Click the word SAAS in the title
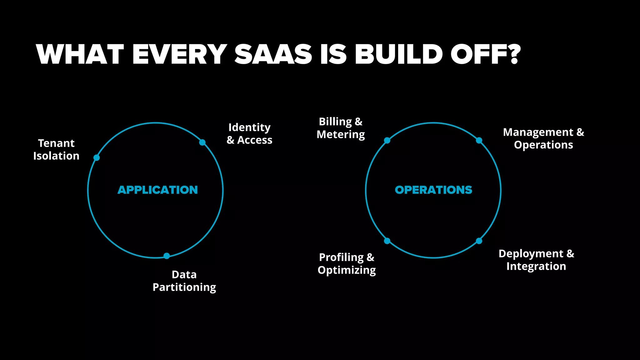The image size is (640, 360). point(273,54)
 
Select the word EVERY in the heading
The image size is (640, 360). point(179,54)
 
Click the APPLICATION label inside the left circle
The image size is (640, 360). point(158,190)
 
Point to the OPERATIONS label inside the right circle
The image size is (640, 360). point(433,190)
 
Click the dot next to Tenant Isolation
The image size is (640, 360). point(97,158)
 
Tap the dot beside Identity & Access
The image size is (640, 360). point(202,142)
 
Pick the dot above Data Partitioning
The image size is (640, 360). point(167,256)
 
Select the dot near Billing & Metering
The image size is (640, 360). point(387,141)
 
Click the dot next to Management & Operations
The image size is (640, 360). point(479,141)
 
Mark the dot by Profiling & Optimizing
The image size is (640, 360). point(387,241)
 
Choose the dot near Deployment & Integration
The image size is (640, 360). point(479,241)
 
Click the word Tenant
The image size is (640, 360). point(56,143)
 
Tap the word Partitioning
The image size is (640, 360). point(184,287)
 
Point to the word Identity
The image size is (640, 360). point(249,127)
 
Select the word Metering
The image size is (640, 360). point(341,135)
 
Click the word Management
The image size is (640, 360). point(538,132)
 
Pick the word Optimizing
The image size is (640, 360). point(347,270)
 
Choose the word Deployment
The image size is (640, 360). point(531,254)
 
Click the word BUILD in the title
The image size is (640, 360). point(399,54)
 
